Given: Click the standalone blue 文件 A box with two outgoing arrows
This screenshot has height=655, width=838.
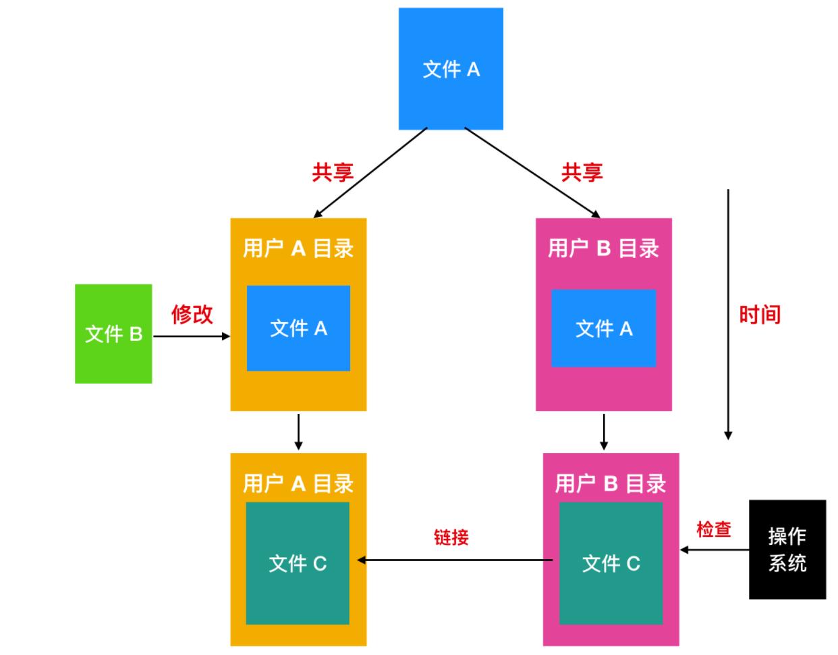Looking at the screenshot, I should (x=451, y=69).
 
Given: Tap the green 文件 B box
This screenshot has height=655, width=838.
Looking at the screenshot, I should (x=113, y=334).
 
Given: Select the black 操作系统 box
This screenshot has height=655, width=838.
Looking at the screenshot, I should (x=787, y=549).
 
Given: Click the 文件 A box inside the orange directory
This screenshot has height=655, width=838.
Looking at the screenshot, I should (x=298, y=328).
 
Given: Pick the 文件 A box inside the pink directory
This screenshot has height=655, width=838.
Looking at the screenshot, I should (x=603, y=328).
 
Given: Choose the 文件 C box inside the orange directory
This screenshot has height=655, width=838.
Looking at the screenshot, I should (x=298, y=563).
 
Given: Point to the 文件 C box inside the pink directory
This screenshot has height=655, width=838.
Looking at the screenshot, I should (x=611, y=563).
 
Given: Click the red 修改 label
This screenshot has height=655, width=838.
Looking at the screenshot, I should (x=192, y=314).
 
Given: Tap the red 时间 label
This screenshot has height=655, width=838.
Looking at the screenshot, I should (x=760, y=315).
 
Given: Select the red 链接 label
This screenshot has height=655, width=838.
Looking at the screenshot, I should (x=451, y=538).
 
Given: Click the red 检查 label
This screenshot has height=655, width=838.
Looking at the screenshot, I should (x=714, y=529).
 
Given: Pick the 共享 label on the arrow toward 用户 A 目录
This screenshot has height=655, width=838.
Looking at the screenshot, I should (x=333, y=172).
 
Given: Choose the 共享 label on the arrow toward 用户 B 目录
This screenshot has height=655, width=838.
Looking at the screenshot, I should (x=582, y=172).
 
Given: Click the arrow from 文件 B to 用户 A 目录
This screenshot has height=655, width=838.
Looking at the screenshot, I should (x=192, y=336).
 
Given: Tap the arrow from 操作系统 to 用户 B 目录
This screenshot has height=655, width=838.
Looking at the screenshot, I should (x=715, y=550).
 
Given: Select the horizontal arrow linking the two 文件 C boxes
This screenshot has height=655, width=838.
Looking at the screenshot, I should (x=455, y=560).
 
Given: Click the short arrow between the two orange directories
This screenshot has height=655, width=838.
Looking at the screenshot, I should (x=298, y=431).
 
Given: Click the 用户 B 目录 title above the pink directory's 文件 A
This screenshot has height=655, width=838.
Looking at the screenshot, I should (x=603, y=248).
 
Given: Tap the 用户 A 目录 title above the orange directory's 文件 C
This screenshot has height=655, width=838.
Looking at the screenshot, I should (x=298, y=483).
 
